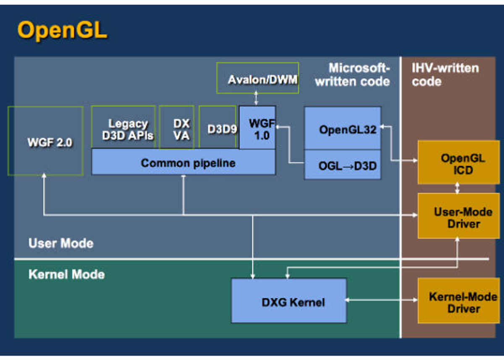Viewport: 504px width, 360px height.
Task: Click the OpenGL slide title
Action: coord(62,30)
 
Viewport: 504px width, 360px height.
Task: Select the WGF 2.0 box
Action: coord(45,141)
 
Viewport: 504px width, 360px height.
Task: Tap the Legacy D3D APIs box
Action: coord(123,127)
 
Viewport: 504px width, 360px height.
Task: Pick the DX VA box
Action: coord(177,127)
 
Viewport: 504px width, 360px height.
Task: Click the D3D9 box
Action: coord(218,127)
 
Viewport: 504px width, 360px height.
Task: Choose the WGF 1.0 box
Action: coord(257,128)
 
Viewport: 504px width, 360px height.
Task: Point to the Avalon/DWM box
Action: coord(257,78)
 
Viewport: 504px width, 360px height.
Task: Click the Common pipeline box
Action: coord(184,162)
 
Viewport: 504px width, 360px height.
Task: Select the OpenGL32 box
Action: coord(343,128)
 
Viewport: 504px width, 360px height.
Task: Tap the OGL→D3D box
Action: coord(343,165)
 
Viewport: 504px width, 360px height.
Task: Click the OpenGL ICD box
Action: coord(459,163)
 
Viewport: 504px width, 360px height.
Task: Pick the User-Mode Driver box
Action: coord(459,216)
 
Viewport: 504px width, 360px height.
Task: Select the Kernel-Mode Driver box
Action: coord(459,301)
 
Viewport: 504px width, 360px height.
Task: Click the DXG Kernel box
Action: coord(289,301)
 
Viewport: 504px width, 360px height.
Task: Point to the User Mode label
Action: coord(61,243)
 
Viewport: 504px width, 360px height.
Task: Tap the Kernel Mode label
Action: coord(67,274)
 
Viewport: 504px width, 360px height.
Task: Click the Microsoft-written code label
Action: coord(352,74)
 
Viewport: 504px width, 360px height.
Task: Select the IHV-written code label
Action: coord(445,74)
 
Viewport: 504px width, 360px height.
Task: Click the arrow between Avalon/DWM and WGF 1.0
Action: coord(256,98)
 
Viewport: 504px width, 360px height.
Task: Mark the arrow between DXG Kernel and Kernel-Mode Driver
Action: coord(381,300)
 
